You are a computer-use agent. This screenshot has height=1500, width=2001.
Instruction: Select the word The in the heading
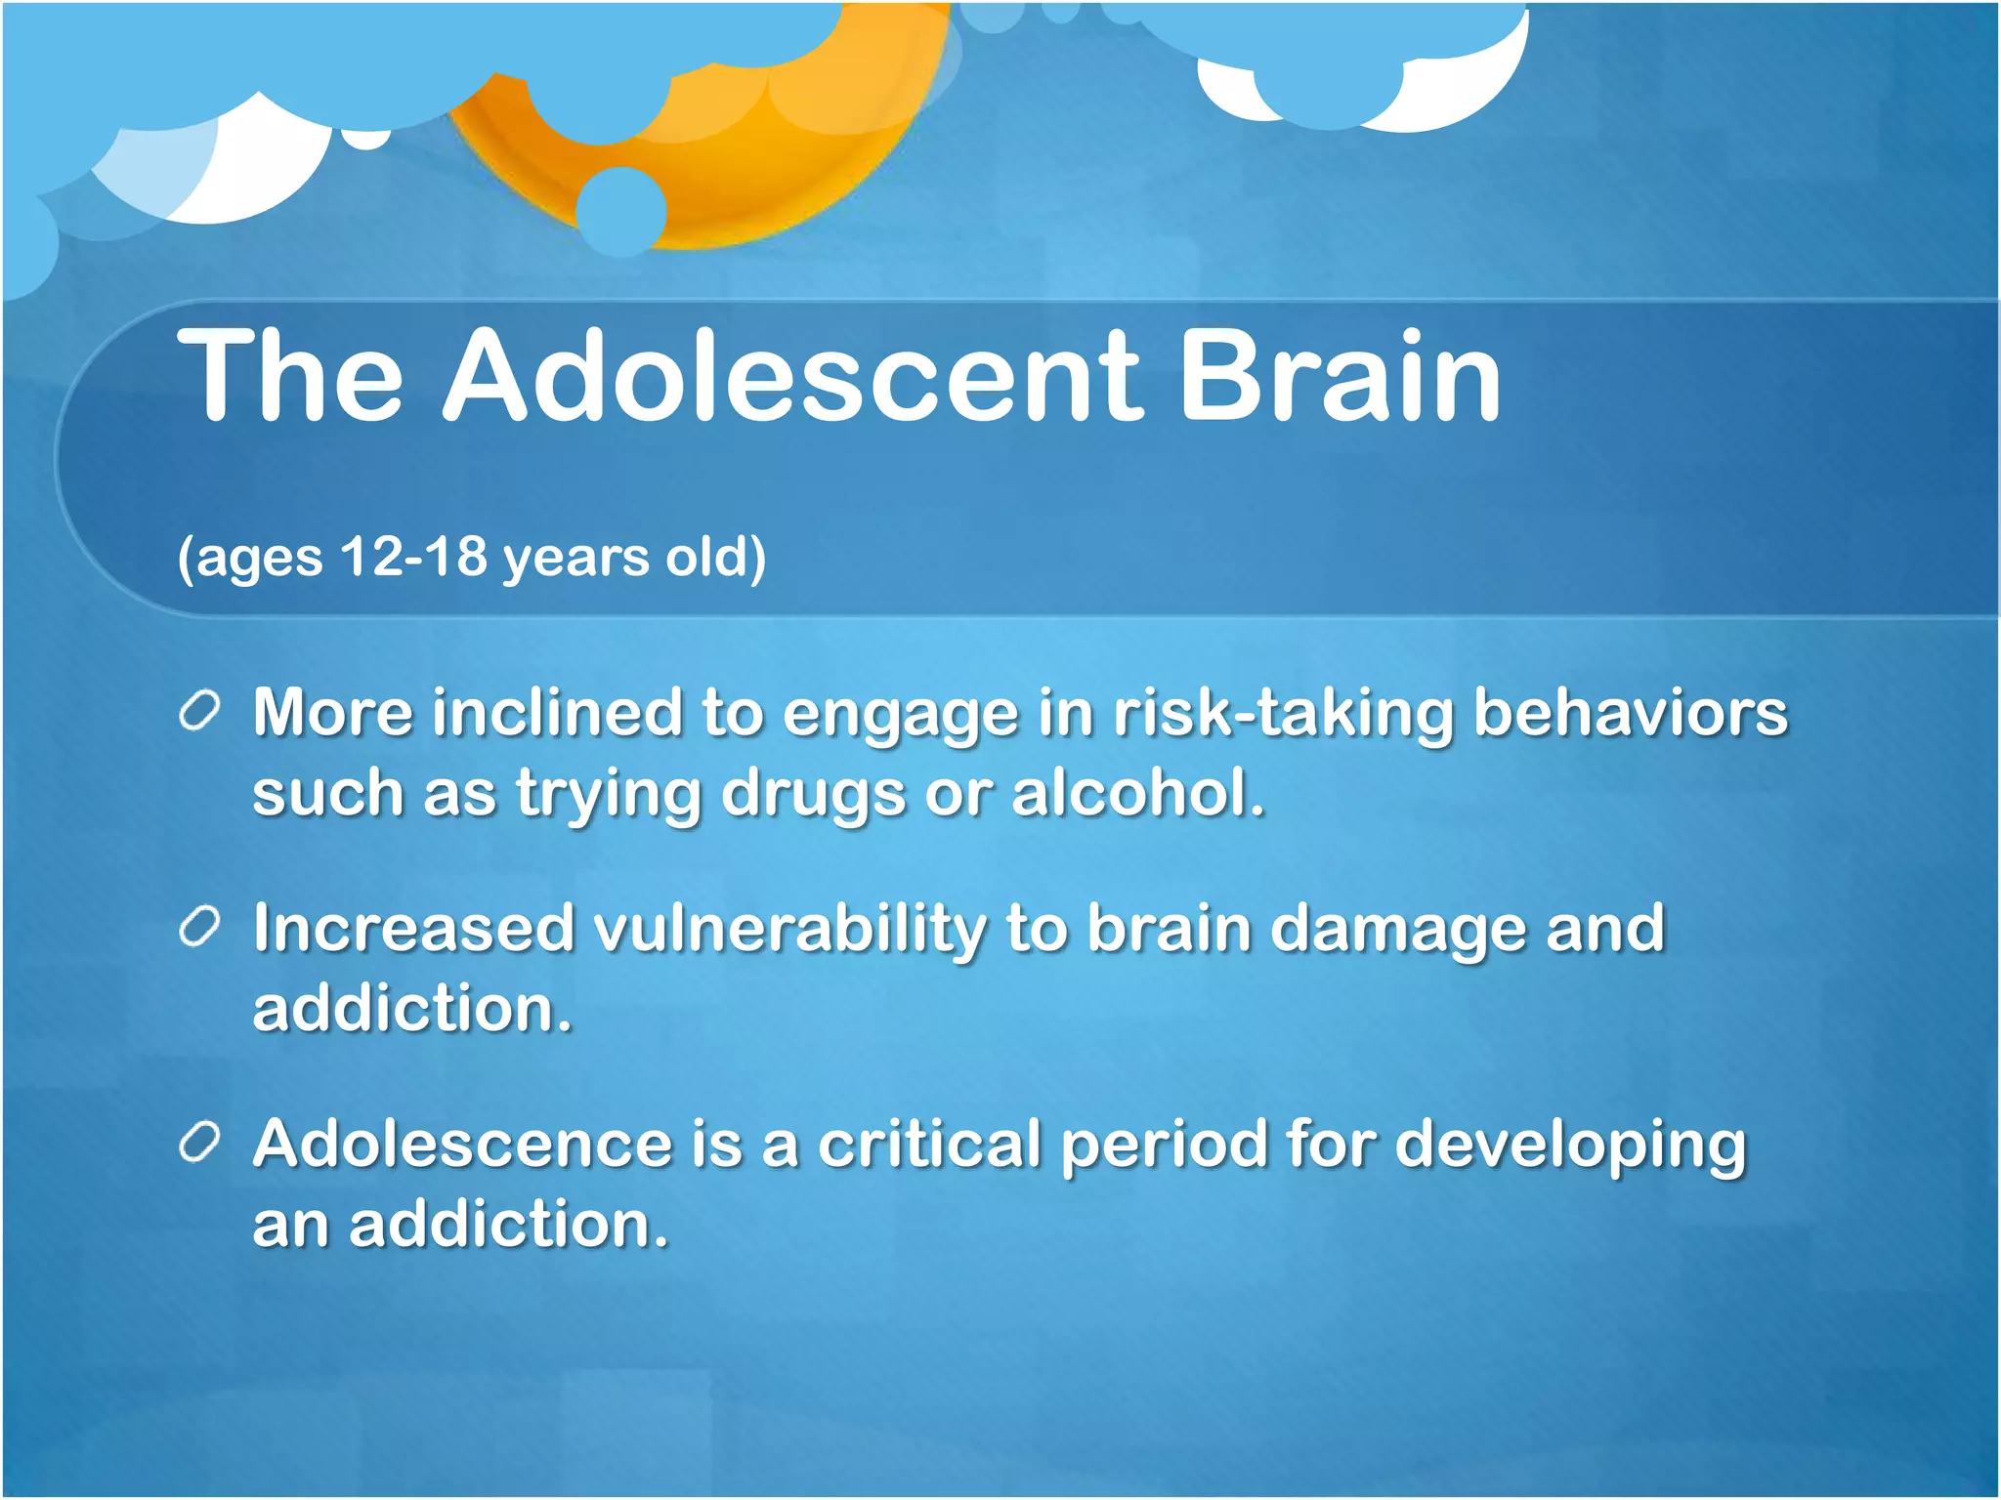[x=290, y=376]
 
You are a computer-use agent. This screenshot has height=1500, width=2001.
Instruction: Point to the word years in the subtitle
[x=575, y=559]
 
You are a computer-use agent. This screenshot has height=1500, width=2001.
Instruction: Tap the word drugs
[x=813, y=794]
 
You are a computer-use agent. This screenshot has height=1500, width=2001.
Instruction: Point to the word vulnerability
[x=789, y=930]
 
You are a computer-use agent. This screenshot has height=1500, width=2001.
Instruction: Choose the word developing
[x=1569, y=1146]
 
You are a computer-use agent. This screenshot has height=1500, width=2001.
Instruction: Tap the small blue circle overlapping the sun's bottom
[x=621, y=211]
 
